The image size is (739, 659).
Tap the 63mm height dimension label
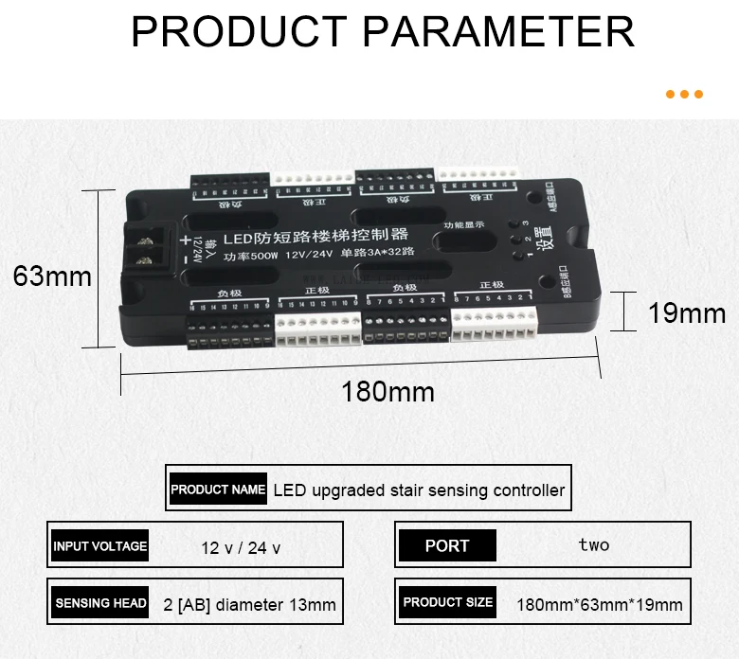click(x=52, y=276)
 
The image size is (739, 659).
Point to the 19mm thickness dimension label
click(x=686, y=312)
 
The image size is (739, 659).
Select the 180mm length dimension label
click(x=388, y=392)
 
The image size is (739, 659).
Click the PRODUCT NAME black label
click(x=218, y=490)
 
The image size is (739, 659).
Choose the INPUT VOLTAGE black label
click(x=100, y=545)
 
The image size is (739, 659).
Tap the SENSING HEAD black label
click(x=100, y=603)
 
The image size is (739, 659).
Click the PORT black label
click(x=447, y=545)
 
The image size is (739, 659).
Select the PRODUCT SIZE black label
click(x=447, y=602)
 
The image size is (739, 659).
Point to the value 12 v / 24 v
click(x=241, y=547)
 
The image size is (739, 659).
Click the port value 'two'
click(x=594, y=544)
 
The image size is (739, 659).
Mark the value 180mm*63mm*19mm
click(x=600, y=604)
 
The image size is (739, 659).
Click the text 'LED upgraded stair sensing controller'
click(x=419, y=490)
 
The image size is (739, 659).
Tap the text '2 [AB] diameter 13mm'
click(x=249, y=604)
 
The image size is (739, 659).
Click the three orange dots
click(x=684, y=95)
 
